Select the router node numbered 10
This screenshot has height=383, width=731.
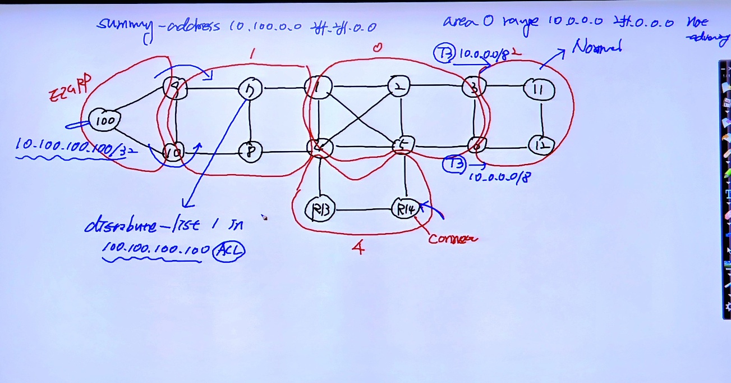174,152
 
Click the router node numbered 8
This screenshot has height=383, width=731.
250,151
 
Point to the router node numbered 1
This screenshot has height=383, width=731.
318,87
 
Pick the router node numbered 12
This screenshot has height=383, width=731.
541,145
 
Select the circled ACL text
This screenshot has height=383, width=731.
229,250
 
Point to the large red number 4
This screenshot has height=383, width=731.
357,247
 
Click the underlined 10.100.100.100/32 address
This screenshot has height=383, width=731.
70,145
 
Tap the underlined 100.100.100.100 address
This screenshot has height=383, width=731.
156,249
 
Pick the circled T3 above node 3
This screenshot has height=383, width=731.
444,54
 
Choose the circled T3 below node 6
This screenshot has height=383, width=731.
453,164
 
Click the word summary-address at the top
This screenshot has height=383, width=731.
159,26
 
